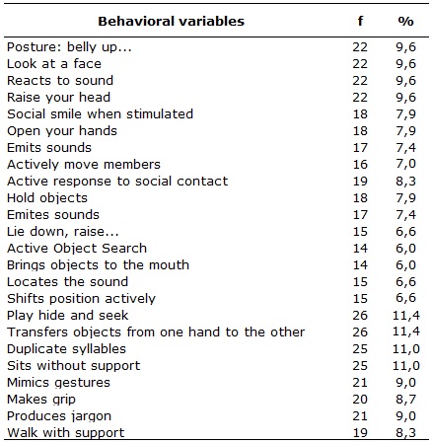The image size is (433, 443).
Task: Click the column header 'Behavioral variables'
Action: (171, 22)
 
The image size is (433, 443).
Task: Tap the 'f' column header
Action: (360, 21)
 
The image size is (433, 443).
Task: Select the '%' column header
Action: (405, 22)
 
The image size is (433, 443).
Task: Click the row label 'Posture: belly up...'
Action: (69, 47)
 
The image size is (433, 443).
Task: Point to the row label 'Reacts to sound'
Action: (60, 81)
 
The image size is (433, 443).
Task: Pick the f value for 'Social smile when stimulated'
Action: (360, 114)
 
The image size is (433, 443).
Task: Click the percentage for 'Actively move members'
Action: (405, 164)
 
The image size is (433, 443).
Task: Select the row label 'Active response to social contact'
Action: (117, 182)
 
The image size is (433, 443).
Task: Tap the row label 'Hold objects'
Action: (47, 198)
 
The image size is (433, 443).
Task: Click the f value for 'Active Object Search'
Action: (360, 249)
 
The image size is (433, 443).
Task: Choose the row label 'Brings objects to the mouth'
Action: (98, 265)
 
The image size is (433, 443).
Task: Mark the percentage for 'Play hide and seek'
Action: (406, 316)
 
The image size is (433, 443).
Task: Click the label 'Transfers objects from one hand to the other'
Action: (156, 332)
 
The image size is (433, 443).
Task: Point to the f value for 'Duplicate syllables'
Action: (360, 349)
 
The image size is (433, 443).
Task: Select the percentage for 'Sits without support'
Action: (406, 366)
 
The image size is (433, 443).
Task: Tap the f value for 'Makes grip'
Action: (360, 400)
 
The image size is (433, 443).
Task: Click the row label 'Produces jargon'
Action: (59, 416)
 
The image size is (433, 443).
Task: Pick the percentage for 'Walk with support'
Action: (405, 433)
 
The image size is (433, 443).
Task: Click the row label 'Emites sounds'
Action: (53, 215)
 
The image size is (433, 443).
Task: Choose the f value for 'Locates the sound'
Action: (360, 282)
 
